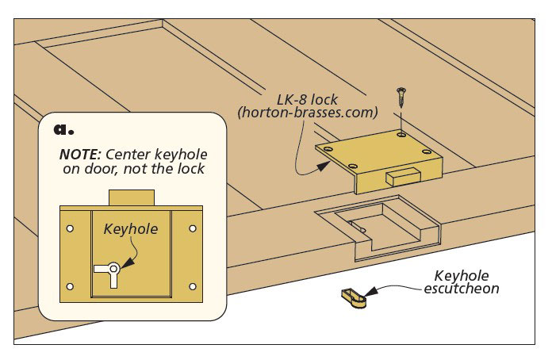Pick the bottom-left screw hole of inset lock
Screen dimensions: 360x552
(71, 285)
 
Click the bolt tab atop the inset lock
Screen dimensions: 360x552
(131, 197)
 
